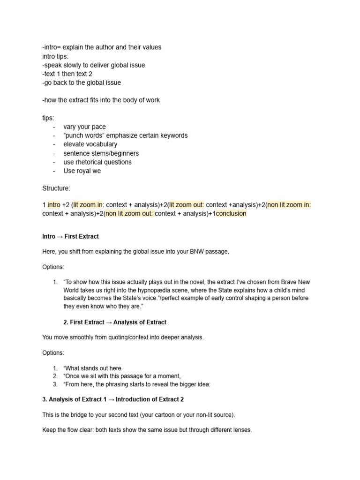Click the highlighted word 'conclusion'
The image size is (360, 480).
click(x=231, y=214)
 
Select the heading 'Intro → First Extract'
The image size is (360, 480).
click(x=70, y=236)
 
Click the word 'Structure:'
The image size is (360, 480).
click(x=56, y=188)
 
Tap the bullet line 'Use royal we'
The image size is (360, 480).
click(x=82, y=171)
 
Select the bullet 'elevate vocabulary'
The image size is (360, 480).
click(x=90, y=144)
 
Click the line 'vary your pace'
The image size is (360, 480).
click(x=84, y=127)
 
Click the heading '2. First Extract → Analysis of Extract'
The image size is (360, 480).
click(x=114, y=322)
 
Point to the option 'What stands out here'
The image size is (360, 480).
click(x=92, y=368)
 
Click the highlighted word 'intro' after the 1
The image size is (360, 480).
click(x=54, y=205)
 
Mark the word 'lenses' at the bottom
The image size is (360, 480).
click(x=241, y=430)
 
